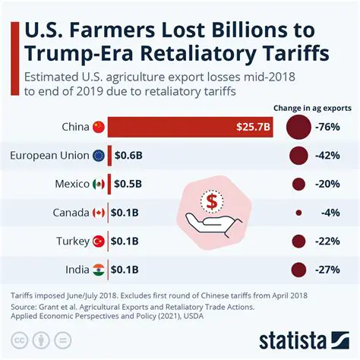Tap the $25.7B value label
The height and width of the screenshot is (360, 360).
(x=254, y=127)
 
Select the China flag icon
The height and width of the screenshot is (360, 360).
(x=98, y=127)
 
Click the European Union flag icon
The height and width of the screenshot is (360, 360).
(x=98, y=156)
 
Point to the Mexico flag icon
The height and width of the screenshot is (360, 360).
(x=98, y=184)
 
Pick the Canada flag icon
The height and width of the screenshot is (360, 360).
(x=98, y=213)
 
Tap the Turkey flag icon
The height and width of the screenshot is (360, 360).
(x=98, y=242)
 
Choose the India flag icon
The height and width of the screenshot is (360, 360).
(x=98, y=269)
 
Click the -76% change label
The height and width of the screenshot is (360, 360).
(x=326, y=127)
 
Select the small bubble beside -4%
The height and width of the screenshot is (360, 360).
(x=298, y=213)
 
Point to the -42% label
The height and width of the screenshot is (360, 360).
(x=326, y=156)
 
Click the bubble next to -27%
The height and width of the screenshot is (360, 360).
(x=298, y=269)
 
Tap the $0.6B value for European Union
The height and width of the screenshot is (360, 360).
(x=128, y=156)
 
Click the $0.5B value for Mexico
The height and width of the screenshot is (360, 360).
(x=127, y=184)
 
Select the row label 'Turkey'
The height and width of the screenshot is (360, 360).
(x=73, y=242)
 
